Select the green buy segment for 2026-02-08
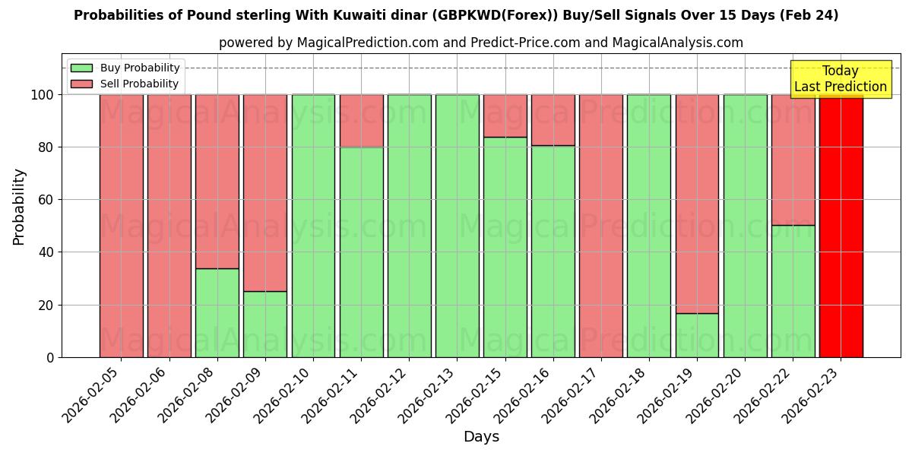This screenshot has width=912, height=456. pos(217,312)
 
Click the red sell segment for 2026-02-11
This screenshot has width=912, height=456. pos(361,121)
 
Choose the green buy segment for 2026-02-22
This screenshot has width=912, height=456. pos(793,291)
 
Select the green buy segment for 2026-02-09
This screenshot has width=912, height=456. pos(265,324)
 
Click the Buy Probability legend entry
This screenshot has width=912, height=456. pos(125,68)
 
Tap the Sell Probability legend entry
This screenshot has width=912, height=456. pos(125,84)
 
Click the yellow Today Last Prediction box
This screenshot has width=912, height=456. pos(840,79)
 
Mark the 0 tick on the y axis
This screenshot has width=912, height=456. pos(50,357)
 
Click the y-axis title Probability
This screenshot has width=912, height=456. pos(19,206)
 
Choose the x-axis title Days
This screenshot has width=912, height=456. pos(481,437)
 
